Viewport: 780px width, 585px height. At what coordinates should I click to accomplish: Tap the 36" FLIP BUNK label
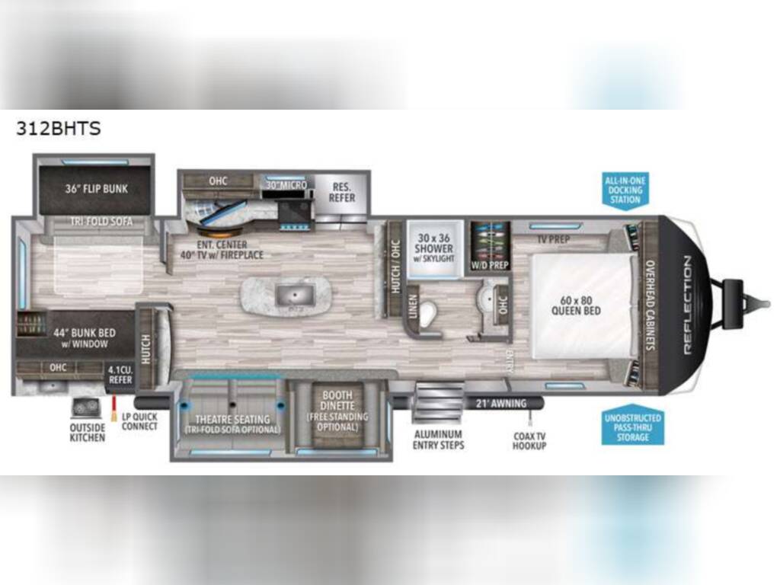95,189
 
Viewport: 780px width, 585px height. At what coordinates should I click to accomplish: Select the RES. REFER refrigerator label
342,192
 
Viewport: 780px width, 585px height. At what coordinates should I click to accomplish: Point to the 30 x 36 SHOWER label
434,248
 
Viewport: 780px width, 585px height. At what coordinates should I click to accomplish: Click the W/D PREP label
491,264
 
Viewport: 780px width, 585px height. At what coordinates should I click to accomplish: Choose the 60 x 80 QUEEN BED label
580,305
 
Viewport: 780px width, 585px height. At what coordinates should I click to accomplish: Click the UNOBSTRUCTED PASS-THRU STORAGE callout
632,428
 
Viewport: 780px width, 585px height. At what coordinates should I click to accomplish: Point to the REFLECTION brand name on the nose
687,305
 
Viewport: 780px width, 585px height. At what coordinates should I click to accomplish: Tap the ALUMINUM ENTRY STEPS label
438,440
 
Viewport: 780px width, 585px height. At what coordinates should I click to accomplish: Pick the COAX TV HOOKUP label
529,440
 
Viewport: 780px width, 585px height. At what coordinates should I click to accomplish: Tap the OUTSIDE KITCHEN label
88,433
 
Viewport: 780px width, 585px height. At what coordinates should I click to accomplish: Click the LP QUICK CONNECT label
139,421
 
